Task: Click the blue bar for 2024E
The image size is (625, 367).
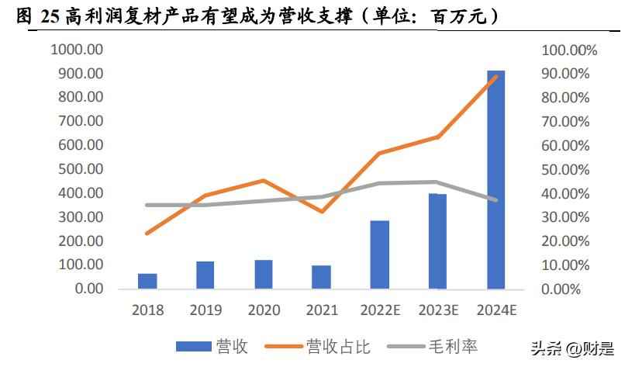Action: click(496, 180)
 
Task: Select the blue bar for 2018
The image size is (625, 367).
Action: click(147, 281)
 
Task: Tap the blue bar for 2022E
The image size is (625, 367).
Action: click(379, 254)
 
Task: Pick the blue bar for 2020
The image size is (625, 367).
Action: click(263, 274)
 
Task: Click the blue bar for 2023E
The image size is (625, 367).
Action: click(437, 241)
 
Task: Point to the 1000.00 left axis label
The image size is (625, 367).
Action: click(77, 50)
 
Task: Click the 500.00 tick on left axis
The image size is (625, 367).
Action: click(81, 169)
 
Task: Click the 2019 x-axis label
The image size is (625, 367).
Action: click(205, 310)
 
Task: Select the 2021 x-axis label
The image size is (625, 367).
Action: click(321, 310)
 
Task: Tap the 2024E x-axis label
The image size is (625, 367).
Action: click(496, 310)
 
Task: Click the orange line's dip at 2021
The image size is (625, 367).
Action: click(321, 212)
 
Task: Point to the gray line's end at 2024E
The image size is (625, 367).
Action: click(496, 200)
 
